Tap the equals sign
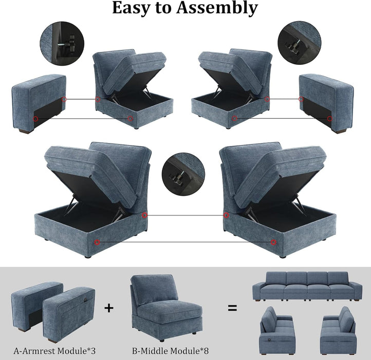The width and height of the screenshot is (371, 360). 233,308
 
